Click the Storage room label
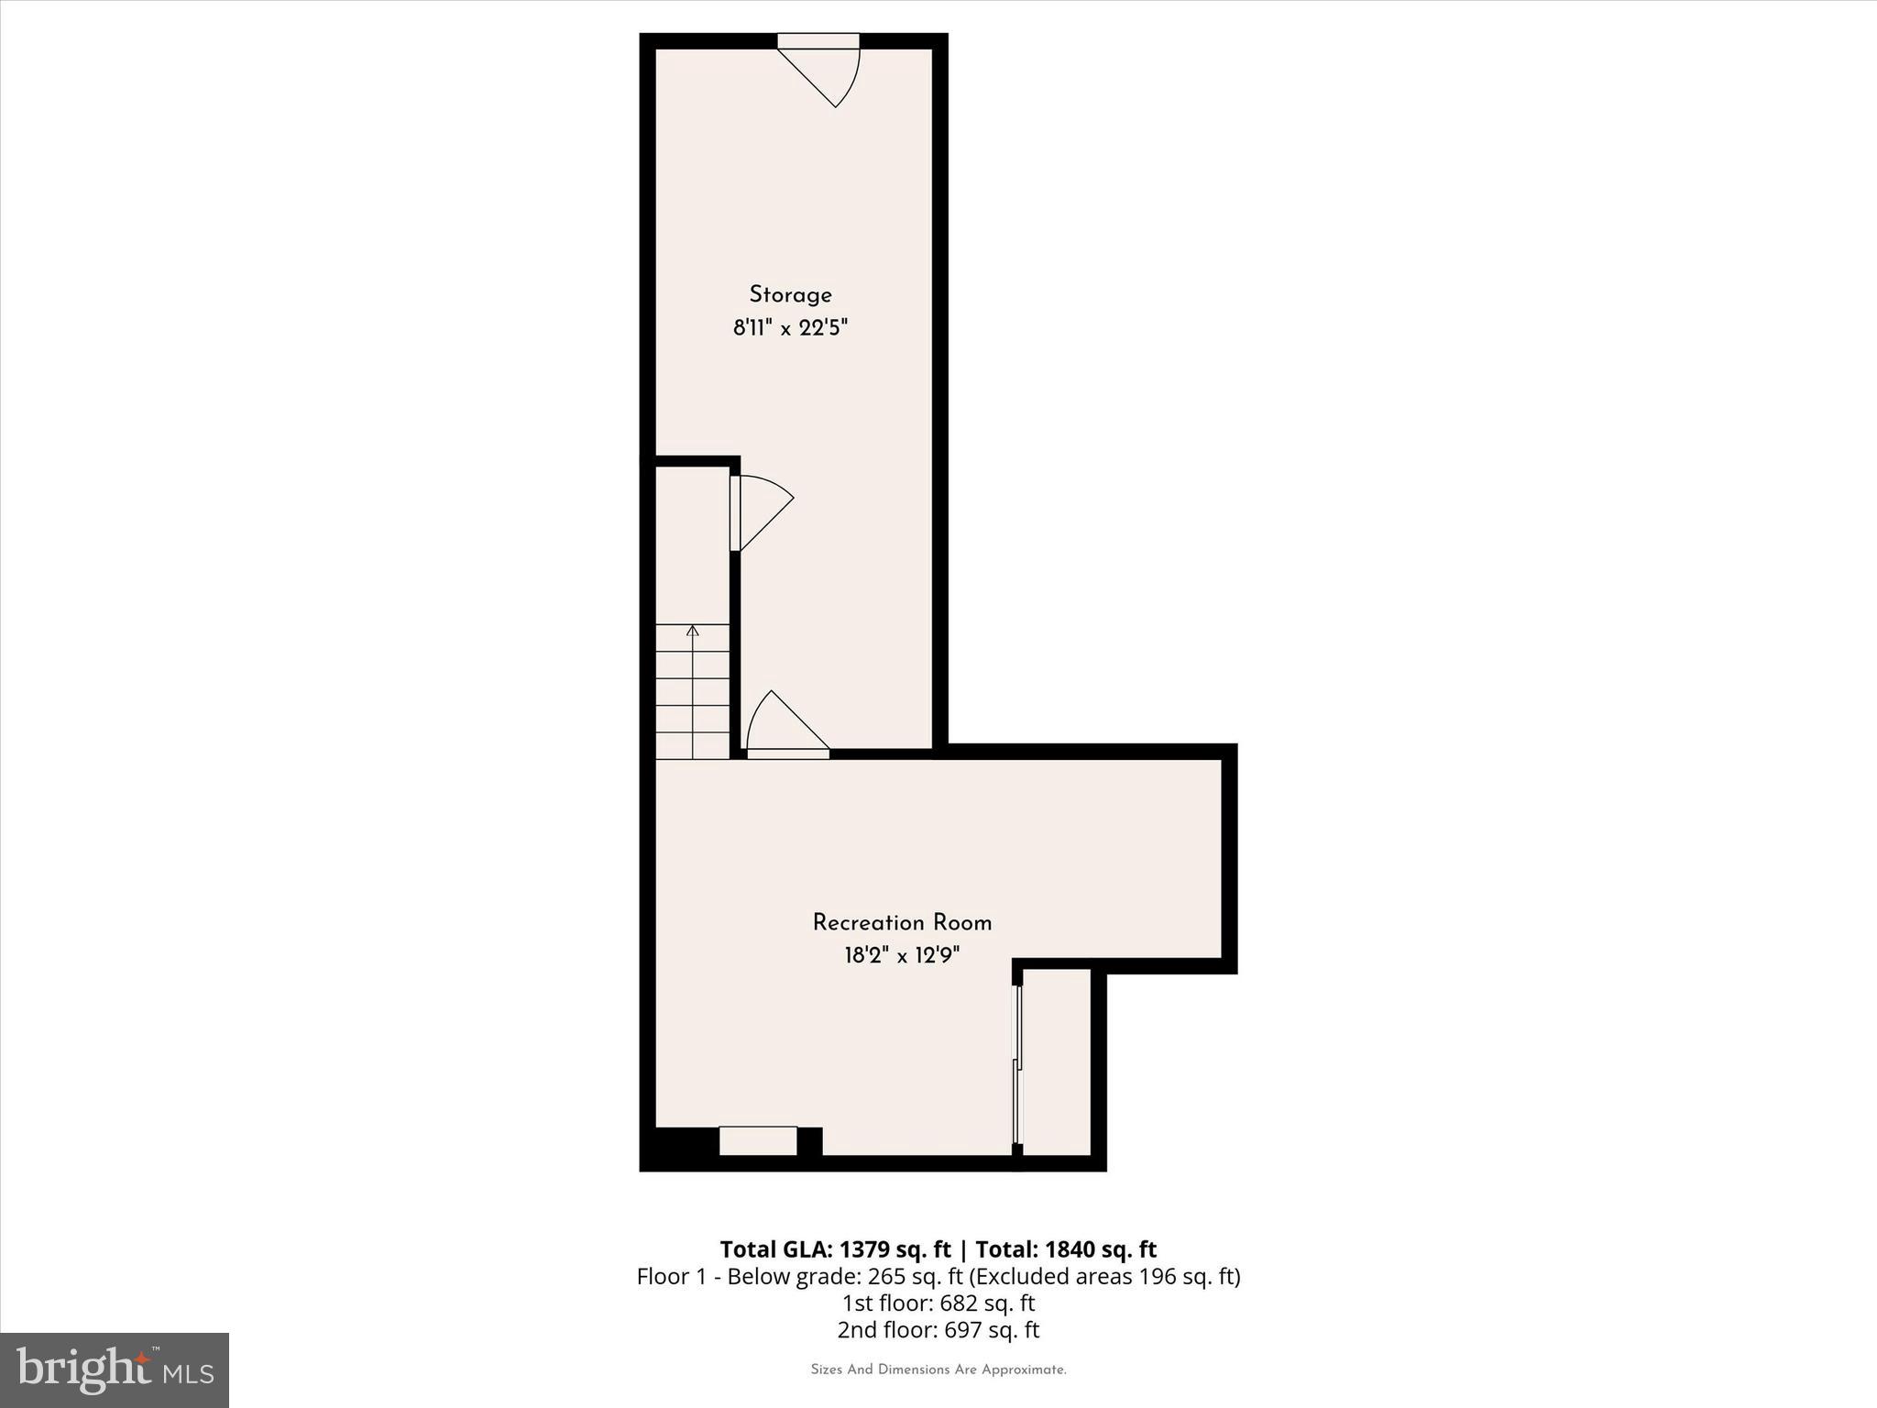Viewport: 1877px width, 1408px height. [x=790, y=295]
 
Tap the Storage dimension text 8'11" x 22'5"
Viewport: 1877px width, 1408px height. [x=790, y=328]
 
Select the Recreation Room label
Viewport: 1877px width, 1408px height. [x=902, y=922]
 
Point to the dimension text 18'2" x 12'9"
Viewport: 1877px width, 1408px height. [x=902, y=956]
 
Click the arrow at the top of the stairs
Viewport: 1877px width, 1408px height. [x=693, y=631]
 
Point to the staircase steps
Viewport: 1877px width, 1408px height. [x=693, y=697]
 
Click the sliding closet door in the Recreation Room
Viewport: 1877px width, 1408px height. [x=1016, y=1063]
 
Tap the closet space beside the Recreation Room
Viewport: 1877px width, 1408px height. [x=1056, y=1063]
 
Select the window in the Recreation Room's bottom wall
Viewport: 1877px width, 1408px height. [x=758, y=1140]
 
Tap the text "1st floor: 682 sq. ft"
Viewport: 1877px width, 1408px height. [x=938, y=1303]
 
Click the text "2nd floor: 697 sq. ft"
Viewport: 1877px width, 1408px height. [x=938, y=1329]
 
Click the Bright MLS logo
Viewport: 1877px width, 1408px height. [x=115, y=1370]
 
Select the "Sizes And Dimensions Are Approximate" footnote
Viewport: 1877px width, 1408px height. [x=938, y=1369]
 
